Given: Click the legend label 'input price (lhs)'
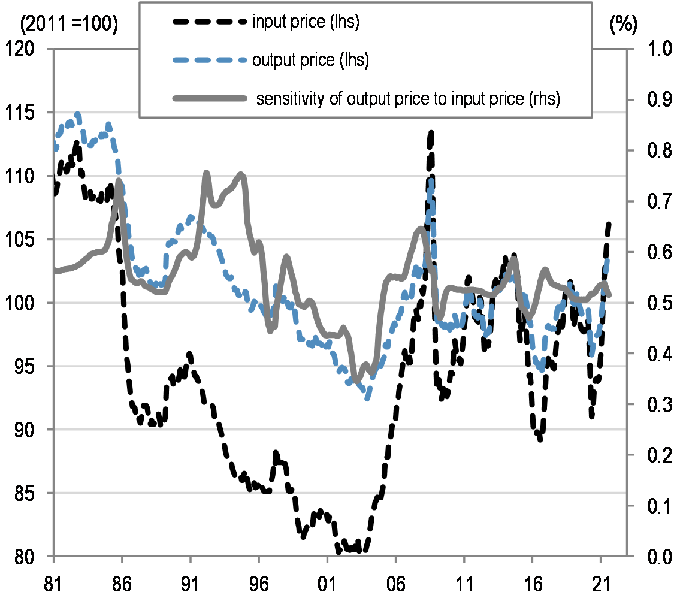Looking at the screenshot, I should [x=306, y=23].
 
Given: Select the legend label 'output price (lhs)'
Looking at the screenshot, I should [x=310, y=60].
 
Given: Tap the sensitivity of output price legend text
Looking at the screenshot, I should [x=407, y=99].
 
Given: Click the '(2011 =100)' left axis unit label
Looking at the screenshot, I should [x=69, y=25].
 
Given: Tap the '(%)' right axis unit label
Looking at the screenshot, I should [x=623, y=25].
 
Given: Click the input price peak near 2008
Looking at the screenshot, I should [x=430, y=133].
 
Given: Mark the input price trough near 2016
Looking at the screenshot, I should [x=540, y=439].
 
